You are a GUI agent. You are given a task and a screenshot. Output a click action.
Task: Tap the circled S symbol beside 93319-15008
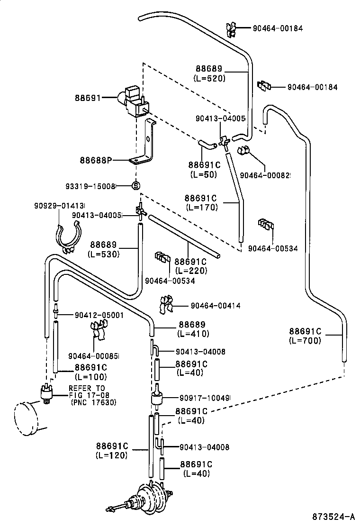135,186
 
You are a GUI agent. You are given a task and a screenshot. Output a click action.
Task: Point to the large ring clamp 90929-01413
68,237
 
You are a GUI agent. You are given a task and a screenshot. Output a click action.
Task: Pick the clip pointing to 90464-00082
243,152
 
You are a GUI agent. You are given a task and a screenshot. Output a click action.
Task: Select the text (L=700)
305,340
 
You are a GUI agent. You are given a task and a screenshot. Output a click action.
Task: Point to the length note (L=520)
209,78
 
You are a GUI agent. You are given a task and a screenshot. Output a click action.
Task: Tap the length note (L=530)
104,254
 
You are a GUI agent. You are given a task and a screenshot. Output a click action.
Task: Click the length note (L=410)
193,334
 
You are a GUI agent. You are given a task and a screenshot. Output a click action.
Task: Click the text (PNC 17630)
93,402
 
